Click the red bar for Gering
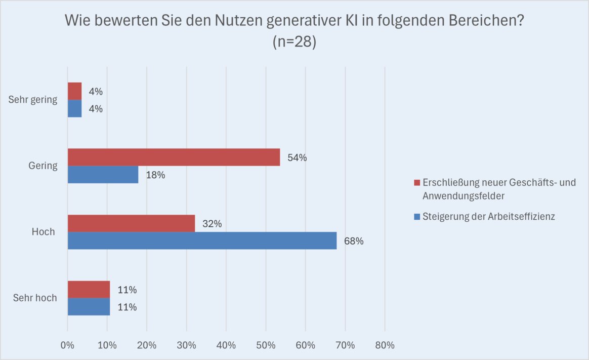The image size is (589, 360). pyautogui.click(x=174, y=157)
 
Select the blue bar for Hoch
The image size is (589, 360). pyautogui.click(x=202, y=241)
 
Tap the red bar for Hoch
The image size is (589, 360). pyautogui.click(x=131, y=223)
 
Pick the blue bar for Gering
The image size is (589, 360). pyautogui.click(x=103, y=175)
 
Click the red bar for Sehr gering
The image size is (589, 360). pyautogui.click(x=74, y=91)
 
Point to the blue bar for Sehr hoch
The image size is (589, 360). pyautogui.click(x=89, y=306)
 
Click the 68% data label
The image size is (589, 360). pyautogui.click(x=354, y=241)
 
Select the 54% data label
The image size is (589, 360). pyautogui.click(x=297, y=157)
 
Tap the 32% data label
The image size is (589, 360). pyautogui.click(x=212, y=223)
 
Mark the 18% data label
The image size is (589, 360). pyautogui.click(x=155, y=175)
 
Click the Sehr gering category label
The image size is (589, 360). pyautogui.click(x=33, y=100)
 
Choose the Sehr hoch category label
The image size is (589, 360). pyautogui.click(x=35, y=298)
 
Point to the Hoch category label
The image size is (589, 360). pyautogui.click(x=43, y=232)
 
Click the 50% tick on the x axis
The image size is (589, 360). pyautogui.click(x=266, y=346)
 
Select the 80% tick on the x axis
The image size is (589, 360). pyautogui.click(x=385, y=346)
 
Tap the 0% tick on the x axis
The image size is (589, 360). pyautogui.click(x=67, y=346)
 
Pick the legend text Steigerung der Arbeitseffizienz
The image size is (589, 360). pyautogui.click(x=489, y=216)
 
